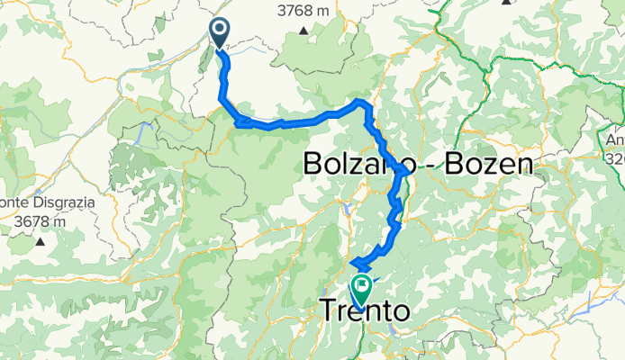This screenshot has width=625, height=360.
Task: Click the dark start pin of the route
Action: (219, 33)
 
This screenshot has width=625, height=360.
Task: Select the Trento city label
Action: (364, 311)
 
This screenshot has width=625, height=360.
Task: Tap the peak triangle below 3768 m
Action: (305, 31)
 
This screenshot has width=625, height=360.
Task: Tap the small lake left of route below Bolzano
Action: (347, 211)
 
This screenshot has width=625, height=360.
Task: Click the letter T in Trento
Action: (330, 311)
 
